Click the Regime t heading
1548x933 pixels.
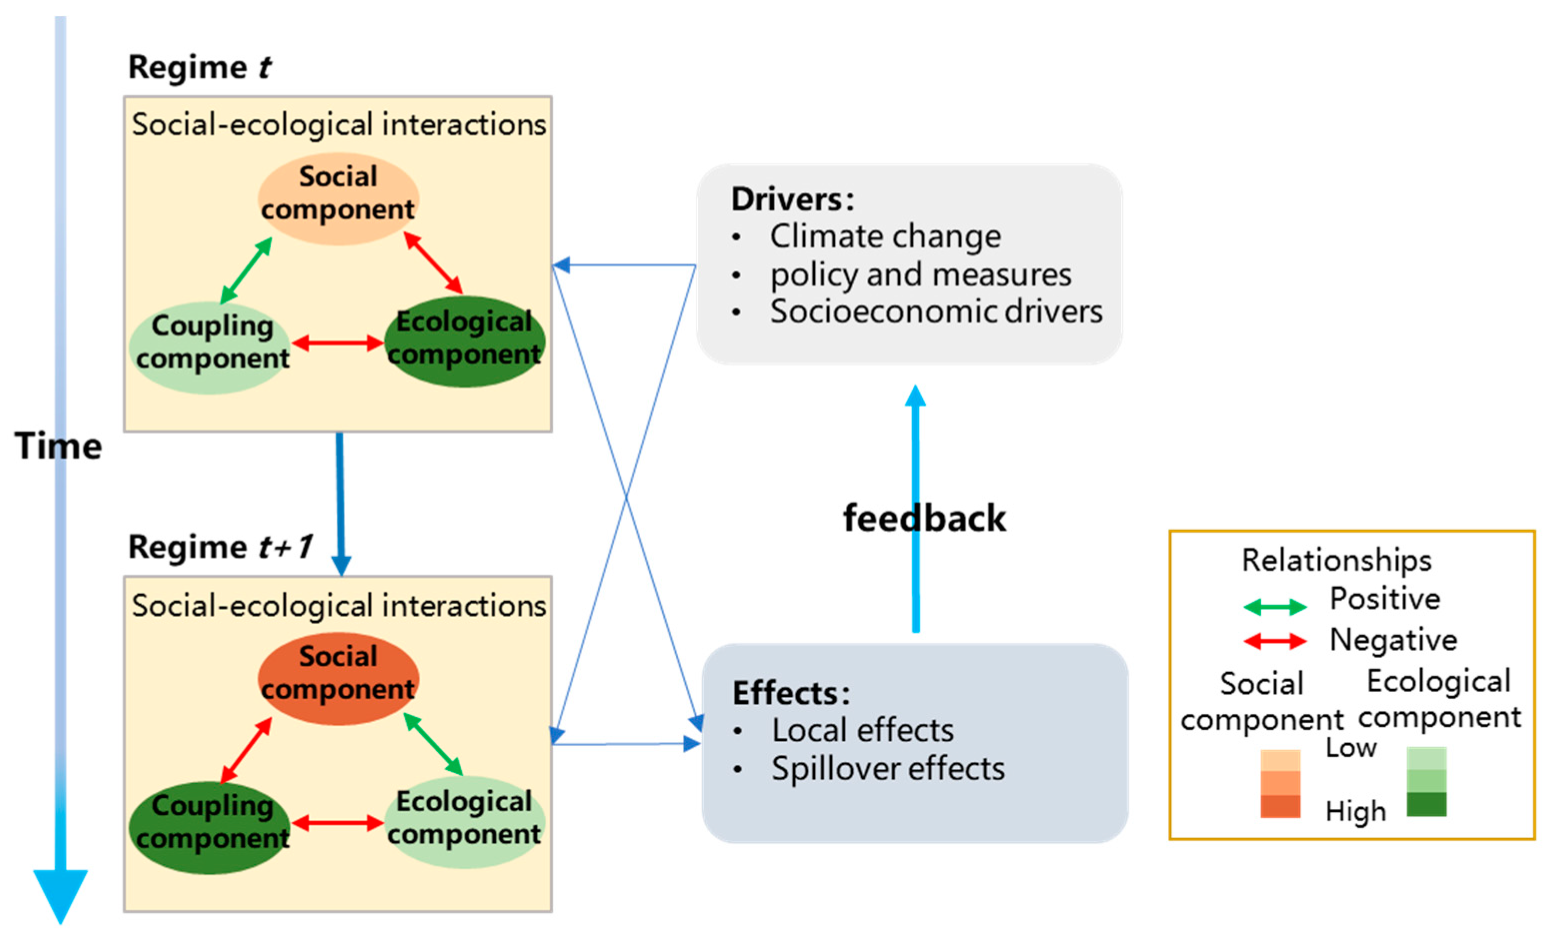pyautogui.click(x=200, y=67)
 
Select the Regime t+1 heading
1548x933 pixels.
pyautogui.click(x=220, y=547)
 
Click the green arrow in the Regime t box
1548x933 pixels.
pyautogui.click(x=246, y=270)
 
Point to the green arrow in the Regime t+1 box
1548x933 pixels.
pyautogui.click(x=433, y=744)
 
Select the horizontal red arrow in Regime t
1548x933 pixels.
pyautogui.click(x=338, y=343)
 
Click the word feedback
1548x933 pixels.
pyautogui.click(x=923, y=518)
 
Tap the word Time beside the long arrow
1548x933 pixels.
pyautogui.click(x=58, y=446)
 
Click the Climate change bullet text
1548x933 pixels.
pyautogui.click(x=885, y=236)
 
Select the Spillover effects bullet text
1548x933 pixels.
pyautogui.click(x=887, y=768)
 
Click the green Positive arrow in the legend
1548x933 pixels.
pyautogui.click(x=1275, y=606)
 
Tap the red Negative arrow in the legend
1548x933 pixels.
pyautogui.click(x=1275, y=641)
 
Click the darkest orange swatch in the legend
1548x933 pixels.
pyautogui.click(x=1280, y=806)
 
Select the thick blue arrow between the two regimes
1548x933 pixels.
pyautogui.click(x=340, y=502)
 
